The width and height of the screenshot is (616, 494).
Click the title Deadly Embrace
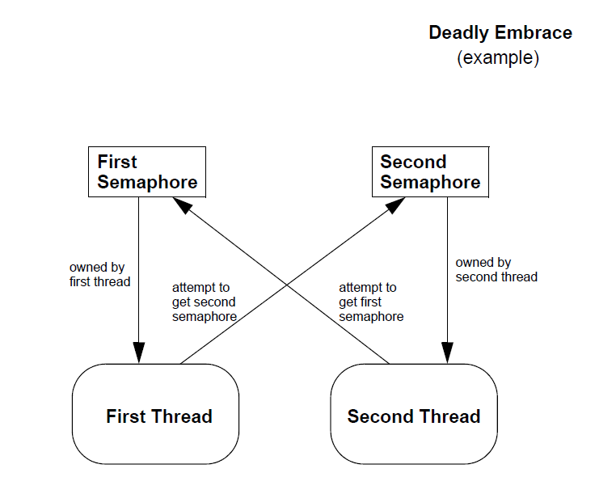(500, 33)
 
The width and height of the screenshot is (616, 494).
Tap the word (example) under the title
(498, 58)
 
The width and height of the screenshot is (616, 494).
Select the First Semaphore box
(146, 171)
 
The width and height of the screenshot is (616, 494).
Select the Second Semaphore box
(429, 171)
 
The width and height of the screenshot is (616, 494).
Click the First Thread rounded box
(156, 414)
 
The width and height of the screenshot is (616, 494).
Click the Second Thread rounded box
(413, 414)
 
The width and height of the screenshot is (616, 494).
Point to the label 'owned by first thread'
(99, 274)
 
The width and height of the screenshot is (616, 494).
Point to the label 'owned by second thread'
(496, 269)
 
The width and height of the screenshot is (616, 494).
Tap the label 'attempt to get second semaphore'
(204, 302)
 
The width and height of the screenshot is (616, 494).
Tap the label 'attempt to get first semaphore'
(370, 302)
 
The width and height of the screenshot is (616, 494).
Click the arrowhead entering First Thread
(139, 353)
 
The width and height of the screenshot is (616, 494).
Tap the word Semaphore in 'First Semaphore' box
(147, 182)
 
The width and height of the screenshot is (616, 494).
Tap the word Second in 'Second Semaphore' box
(413, 162)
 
